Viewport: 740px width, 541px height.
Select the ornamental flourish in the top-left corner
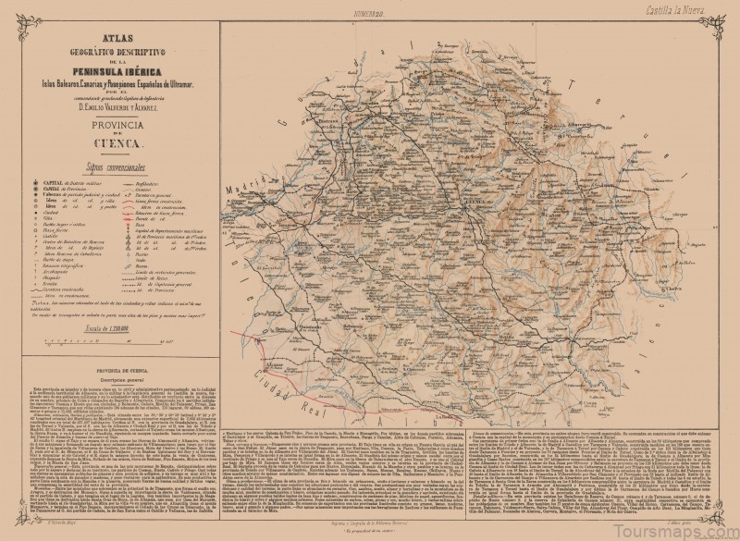[x=14, y=13]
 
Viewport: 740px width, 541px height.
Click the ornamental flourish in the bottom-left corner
[x=14, y=527]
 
